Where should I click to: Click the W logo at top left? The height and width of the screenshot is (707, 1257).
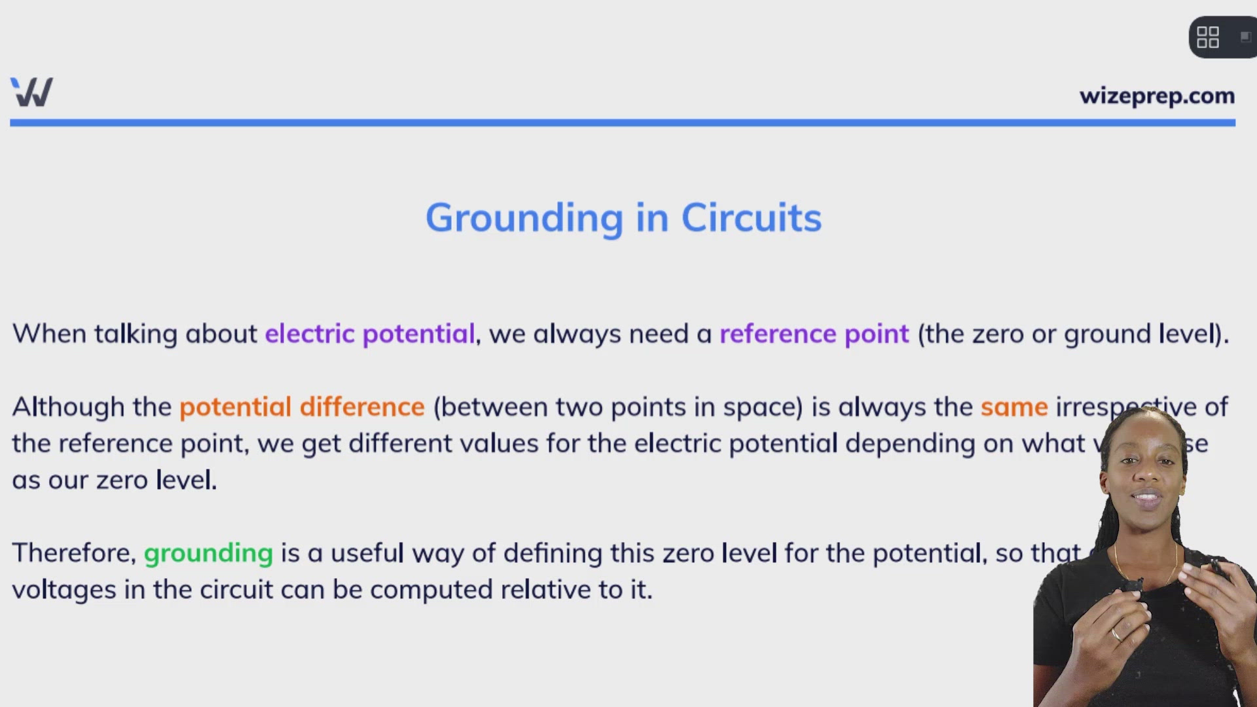[x=31, y=92]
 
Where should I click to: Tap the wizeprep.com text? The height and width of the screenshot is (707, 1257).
[x=1157, y=96]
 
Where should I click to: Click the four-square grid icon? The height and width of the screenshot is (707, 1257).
[x=1207, y=37]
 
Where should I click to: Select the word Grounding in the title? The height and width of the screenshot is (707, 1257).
[x=524, y=219]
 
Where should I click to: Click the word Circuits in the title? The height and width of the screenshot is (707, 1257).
[x=751, y=217]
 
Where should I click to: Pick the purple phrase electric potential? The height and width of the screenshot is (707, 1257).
[x=369, y=334]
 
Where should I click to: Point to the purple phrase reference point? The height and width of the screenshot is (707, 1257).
[x=814, y=334]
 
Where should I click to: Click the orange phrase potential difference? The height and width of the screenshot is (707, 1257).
[x=302, y=407]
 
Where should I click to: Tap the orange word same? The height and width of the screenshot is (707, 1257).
[x=1014, y=407]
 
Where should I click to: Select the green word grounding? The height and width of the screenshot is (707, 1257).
[x=208, y=554]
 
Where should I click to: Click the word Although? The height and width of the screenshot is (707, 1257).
[x=68, y=407]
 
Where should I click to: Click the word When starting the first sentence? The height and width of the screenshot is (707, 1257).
[x=49, y=334]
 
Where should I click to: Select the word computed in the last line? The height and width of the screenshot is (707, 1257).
[x=431, y=590]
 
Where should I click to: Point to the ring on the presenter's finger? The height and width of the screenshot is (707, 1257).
[x=1116, y=634]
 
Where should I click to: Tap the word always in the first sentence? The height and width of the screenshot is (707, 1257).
[x=577, y=334]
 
